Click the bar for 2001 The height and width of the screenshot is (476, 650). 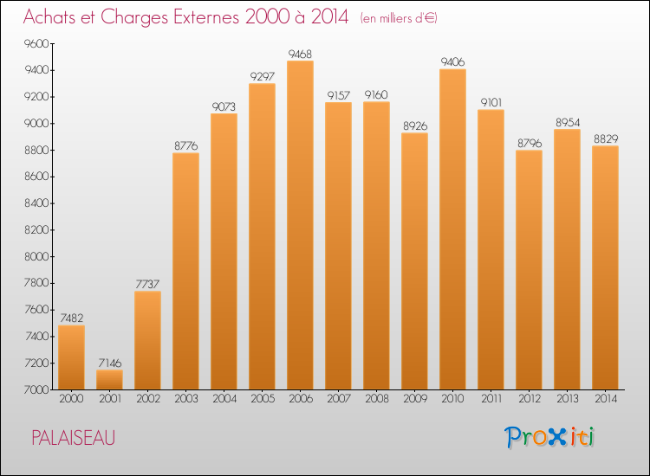pos(109,380)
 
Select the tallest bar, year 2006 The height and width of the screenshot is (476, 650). pos(300,225)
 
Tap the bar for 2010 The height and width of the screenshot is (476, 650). pos(452,229)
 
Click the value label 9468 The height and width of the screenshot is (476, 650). pos(300,54)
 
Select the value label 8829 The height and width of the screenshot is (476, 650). pos(605,138)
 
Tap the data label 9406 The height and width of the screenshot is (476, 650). pos(452,61)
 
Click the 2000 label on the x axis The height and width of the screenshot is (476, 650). pos(71,399)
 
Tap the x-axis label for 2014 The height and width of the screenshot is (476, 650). pos(605,399)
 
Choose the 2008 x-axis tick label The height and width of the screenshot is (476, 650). pos(376,399)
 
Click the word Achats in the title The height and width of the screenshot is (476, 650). pos(50,18)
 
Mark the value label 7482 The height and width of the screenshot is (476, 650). pos(71,318)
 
